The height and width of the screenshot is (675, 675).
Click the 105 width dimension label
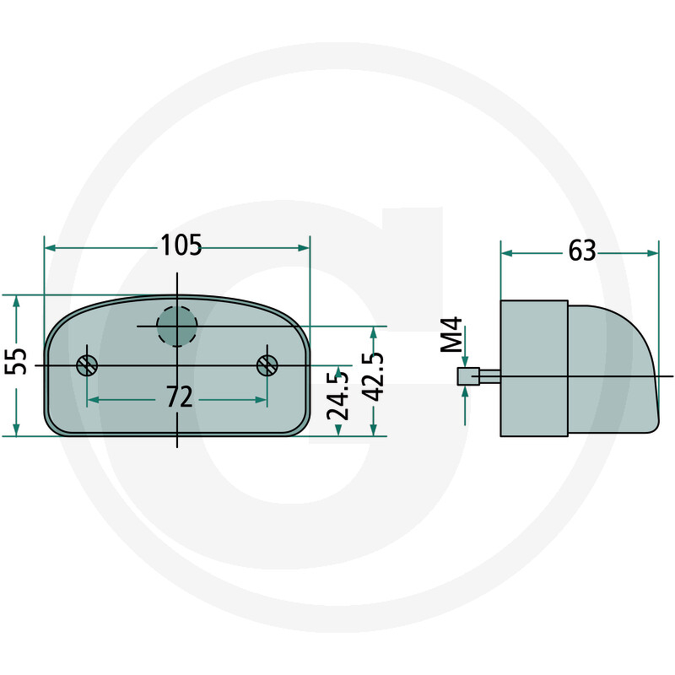coord(181,246)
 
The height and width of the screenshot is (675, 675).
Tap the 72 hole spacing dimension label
coord(178,397)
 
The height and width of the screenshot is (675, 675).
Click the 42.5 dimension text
coord(373,380)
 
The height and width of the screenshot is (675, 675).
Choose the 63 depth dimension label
coord(582,251)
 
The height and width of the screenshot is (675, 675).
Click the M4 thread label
coord(453,335)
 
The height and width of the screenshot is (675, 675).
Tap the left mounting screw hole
coord(87,365)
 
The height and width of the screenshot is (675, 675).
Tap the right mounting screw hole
coord(267,365)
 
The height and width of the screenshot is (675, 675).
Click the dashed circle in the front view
coord(177,327)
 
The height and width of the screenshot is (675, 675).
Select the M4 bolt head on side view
coord(463,376)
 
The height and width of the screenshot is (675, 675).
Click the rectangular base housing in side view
coord(534,369)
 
